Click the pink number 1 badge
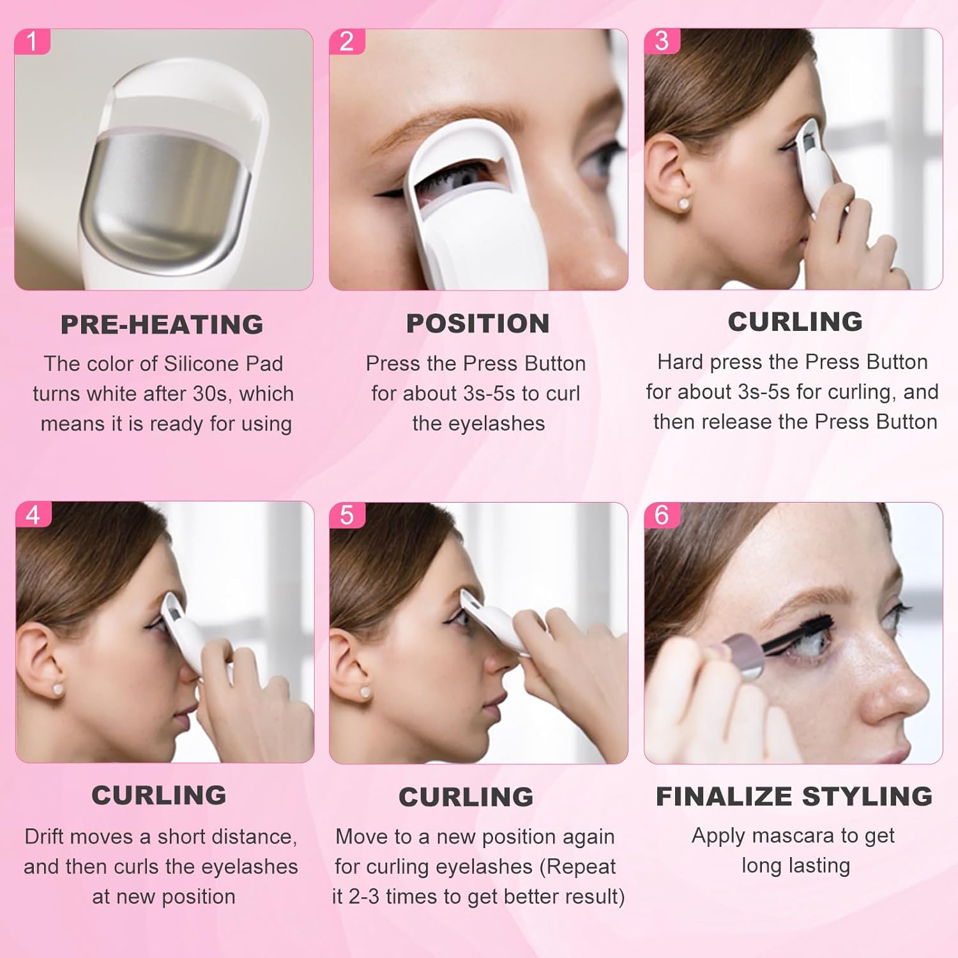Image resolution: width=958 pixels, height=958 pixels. [31, 42]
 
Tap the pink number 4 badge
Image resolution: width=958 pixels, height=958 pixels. [33, 515]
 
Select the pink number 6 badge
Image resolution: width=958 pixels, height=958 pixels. [662, 515]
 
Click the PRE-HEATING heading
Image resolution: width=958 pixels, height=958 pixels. [162, 324]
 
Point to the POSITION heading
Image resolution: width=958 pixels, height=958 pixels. [478, 323]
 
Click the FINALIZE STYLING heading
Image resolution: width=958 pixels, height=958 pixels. [794, 796]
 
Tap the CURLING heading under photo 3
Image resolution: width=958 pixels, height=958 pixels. [795, 321]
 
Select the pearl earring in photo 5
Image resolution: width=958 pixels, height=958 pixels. [365, 692]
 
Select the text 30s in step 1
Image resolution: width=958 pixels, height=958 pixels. [209, 393]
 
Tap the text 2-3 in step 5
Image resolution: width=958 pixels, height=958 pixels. [364, 897]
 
